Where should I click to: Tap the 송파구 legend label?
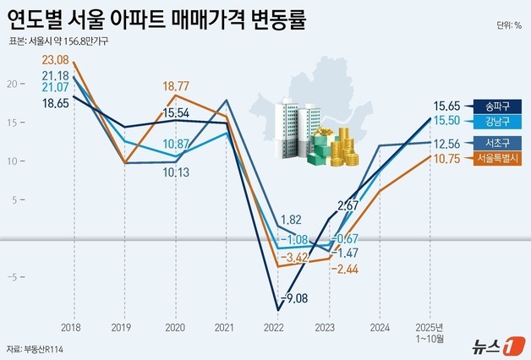pyautogui.click(x=492, y=107)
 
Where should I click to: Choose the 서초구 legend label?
pyautogui.click(x=492, y=143)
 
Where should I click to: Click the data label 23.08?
pyautogui.click(x=54, y=59)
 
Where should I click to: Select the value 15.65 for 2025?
pyautogui.click(x=446, y=106)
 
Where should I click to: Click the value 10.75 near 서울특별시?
pyautogui.click(x=446, y=158)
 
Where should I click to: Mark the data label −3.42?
pyautogui.click(x=295, y=256)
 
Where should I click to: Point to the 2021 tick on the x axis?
pyautogui.click(x=225, y=325)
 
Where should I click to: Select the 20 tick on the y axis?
pyautogui.click(x=12, y=84)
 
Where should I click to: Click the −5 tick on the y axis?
pyautogui.click(x=12, y=276)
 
